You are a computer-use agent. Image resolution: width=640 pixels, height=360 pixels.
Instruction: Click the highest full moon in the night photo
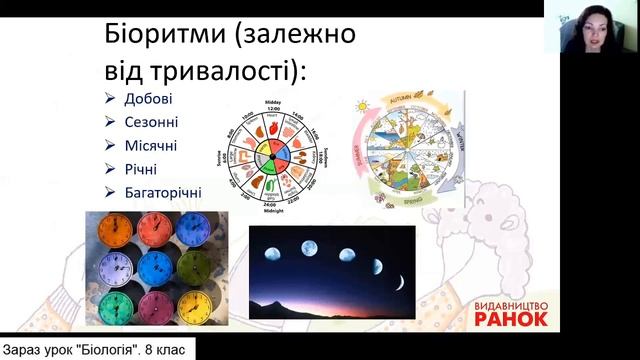[x=308, y=245]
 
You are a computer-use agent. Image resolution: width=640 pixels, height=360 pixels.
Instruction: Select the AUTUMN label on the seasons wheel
[x=411, y=103]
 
